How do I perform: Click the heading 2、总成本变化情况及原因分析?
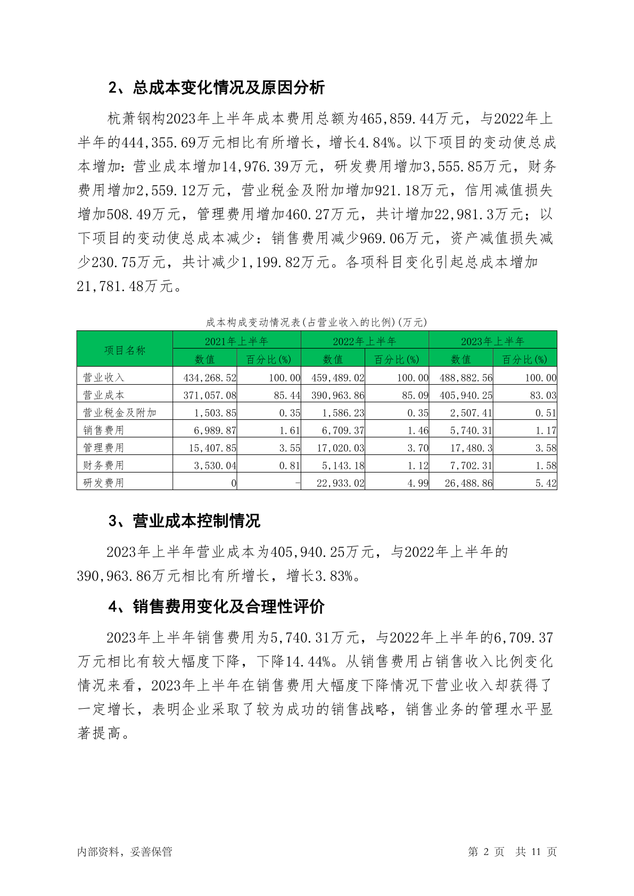[216, 88]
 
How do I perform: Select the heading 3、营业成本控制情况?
[184, 521]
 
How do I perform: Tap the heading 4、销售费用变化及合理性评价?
[216, 607]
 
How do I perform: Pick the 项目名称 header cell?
[125, 350]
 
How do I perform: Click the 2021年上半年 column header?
[236, 341]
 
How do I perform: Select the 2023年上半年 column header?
[492, 341]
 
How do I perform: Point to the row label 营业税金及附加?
[120, 412]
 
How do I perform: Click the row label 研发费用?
[104, 483]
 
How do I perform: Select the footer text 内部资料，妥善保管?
[125, 851]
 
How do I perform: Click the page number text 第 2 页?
[485, 851]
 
